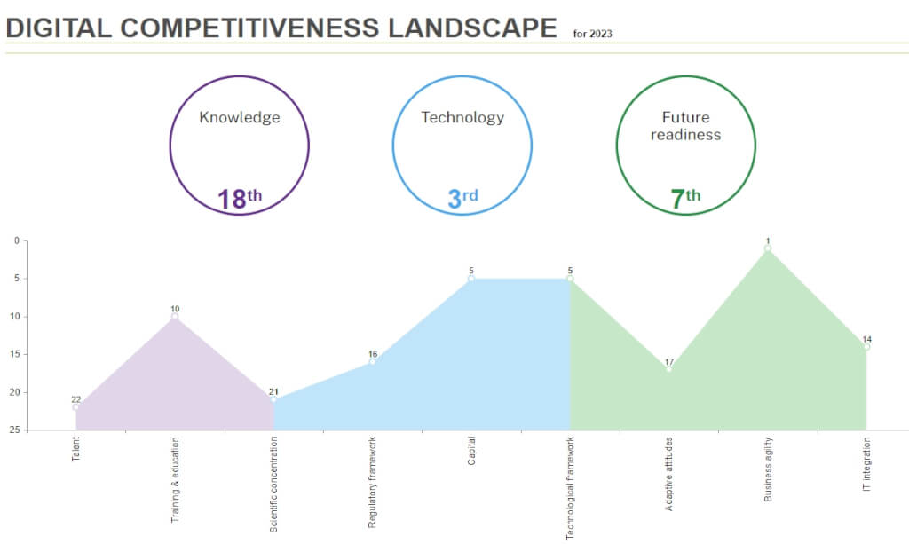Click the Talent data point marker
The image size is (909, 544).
(76, 407)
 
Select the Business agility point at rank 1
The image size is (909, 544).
(768, 248)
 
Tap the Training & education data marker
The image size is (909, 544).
(175, 317)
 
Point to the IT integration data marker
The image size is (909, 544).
(866, 347)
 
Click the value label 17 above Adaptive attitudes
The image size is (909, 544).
(668, 361)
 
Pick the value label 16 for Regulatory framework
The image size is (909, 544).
(373, 354)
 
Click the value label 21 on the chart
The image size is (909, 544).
(273, 391)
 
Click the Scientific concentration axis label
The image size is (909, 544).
(274, 484)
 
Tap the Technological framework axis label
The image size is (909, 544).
(570, 487)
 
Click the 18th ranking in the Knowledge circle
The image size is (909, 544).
(240, 198)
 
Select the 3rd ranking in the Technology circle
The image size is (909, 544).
(462, 198)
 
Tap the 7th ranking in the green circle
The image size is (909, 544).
(685, 198)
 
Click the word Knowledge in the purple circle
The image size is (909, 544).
(240, 117)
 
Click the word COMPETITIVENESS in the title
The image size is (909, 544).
(251, 28)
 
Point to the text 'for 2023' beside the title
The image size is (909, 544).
(592, 35)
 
